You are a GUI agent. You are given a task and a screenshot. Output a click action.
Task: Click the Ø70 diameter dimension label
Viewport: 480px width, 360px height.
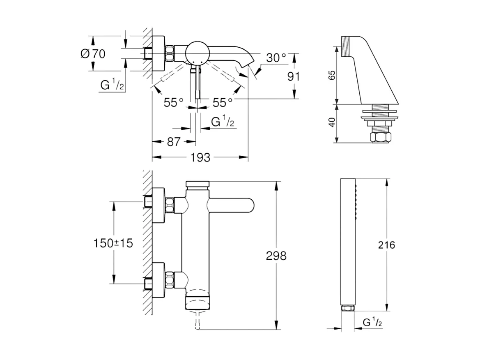click(94, 53)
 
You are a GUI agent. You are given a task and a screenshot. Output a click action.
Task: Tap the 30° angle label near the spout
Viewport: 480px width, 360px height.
click(276, 58)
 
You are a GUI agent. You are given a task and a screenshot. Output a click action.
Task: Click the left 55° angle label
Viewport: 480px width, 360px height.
click(173, 102)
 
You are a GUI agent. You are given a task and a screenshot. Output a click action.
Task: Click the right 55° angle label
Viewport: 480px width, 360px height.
click(222, 102)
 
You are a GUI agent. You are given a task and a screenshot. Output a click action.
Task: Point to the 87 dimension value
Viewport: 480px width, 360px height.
click(174, 142)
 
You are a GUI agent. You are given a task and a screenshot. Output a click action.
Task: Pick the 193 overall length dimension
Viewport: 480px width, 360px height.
click(200, 157)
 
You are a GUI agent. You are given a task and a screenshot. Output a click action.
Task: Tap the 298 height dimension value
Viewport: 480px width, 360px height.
click(276, 256)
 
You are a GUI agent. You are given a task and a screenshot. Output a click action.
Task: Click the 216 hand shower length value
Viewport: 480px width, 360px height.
click(386, 245)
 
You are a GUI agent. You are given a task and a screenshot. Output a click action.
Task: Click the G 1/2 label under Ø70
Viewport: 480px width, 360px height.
click(112, 85)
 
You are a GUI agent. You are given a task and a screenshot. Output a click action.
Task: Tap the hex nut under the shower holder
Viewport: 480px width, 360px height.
click(380, 137)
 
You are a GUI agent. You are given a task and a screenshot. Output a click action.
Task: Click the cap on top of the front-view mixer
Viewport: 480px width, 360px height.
click(198, 184)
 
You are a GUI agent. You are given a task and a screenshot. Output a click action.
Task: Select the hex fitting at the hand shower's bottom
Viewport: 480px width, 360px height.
click(348, 308)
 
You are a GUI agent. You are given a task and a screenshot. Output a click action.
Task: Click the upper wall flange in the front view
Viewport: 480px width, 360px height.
click(159, 204)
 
